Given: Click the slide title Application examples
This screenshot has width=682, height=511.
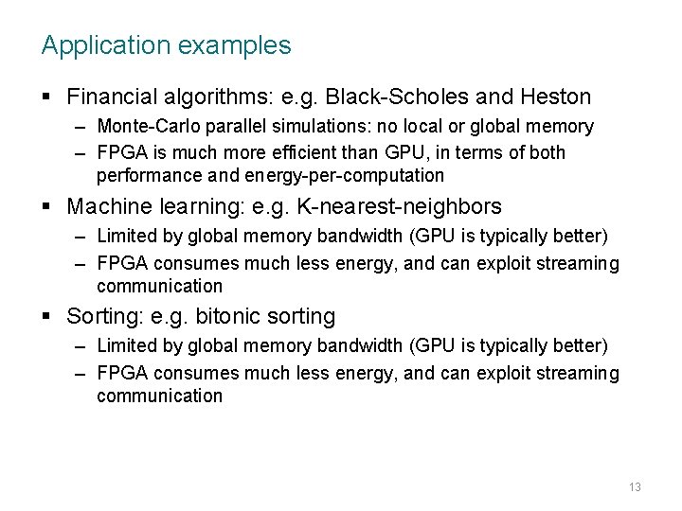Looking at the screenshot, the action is click(x=166, y=44).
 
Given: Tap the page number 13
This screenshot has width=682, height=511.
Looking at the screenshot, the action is click(x=635, y=486).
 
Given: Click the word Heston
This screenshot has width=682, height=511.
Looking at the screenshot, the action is click(x=557, y=97).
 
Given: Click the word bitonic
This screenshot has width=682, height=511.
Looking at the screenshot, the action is click(x=221, y=316).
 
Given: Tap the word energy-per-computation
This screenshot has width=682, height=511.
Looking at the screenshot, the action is click(x=344, y=175).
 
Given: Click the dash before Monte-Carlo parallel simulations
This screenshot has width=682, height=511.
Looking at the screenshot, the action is click(x=81, y=127).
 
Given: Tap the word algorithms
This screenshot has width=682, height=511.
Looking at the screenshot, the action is click(x=210, y=97).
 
